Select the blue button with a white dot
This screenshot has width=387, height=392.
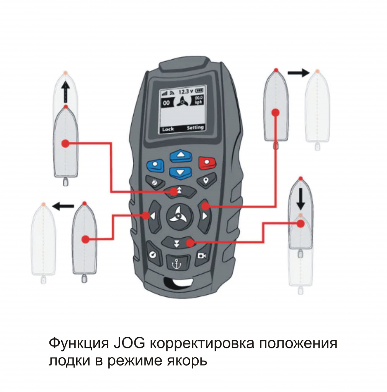coord(155,165)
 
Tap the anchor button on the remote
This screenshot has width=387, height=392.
coord(176,263)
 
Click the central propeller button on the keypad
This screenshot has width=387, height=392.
coord(180,216)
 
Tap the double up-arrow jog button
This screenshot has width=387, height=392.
coord(180,191)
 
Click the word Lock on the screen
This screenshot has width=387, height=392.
coord(168,129)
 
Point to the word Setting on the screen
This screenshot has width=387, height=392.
coord(195,127)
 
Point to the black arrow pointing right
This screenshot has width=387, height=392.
coord(299,73)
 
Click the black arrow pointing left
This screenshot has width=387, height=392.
coord(63,206)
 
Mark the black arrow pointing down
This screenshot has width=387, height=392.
coord(300,199)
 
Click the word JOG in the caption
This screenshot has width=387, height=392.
coord(129,343)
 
